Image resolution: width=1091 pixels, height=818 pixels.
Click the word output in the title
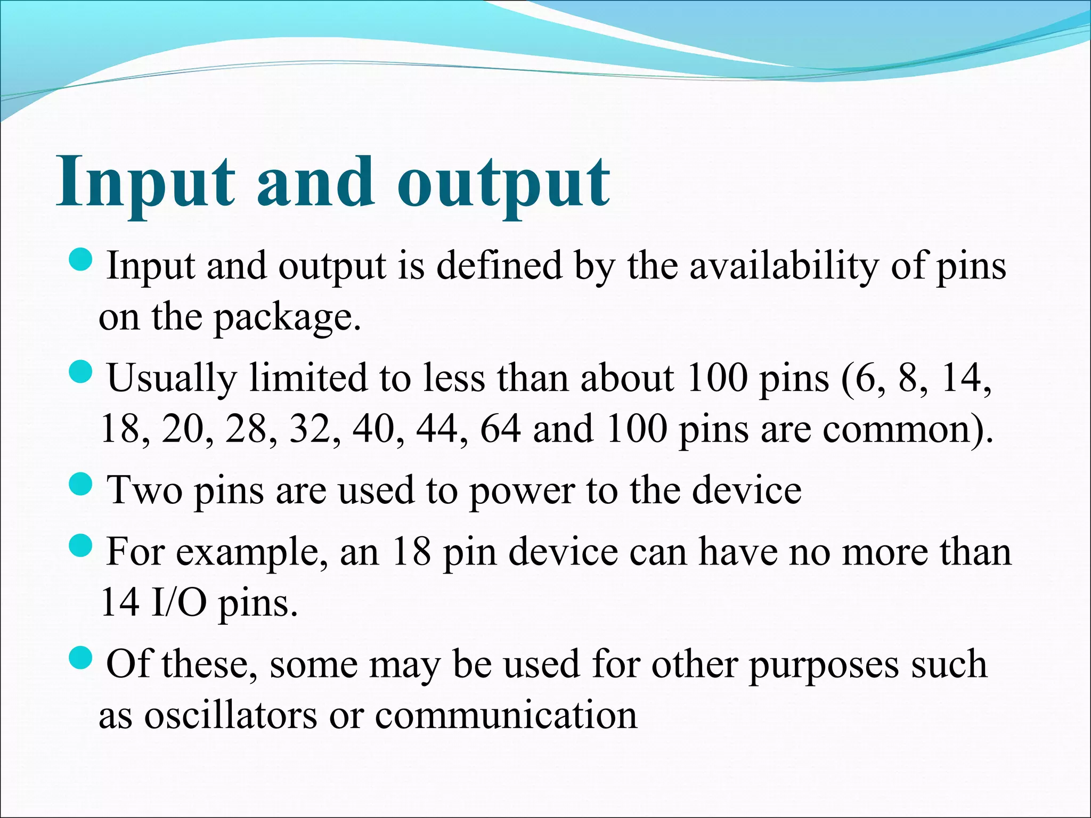point(503,184)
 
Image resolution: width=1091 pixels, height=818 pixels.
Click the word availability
point(784,266)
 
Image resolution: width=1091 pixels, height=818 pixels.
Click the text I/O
point(178,603)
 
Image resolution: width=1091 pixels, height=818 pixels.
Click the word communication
point(506,716)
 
